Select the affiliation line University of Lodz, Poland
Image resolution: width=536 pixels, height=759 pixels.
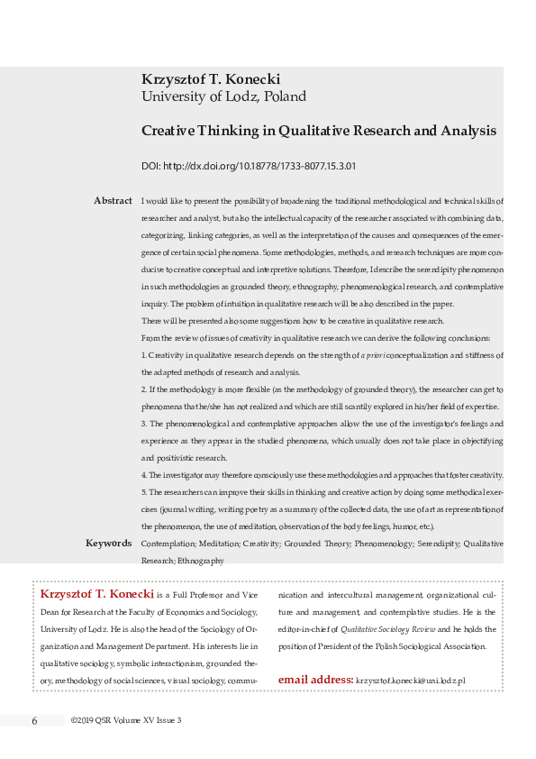[223, 96]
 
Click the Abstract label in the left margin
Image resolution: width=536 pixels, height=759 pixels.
[113, 200]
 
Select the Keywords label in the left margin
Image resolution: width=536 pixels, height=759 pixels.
[108, 544]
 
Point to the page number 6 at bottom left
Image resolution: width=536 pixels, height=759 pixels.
[34, 720]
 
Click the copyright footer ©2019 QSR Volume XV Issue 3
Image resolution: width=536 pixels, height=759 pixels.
[126, 720]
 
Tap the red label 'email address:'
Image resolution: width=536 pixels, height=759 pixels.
[315, 679]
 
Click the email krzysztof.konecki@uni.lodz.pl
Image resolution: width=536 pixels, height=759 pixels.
[411, 680]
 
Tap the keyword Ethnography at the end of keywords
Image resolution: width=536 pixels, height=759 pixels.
[200, 561]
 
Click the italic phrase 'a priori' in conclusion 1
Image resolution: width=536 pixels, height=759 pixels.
[374, 356]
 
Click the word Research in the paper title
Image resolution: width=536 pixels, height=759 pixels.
[372, 131]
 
